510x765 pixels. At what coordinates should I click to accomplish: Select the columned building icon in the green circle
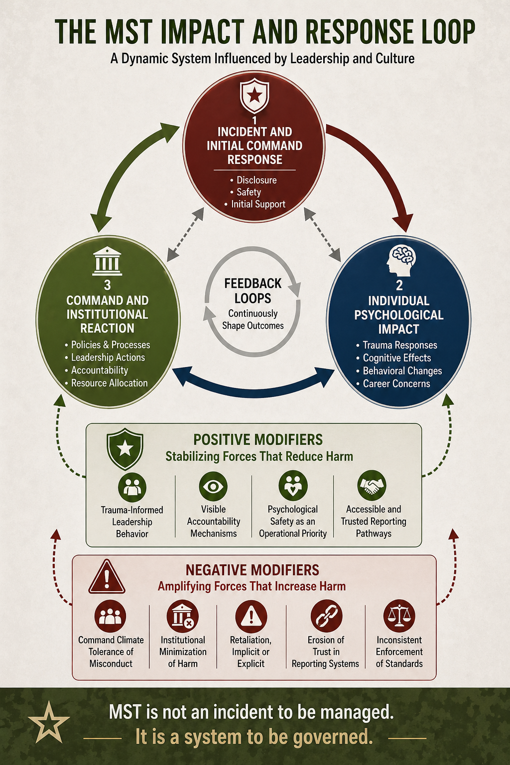pos(107,261)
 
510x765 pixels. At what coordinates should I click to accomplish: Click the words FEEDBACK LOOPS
pos(253,291)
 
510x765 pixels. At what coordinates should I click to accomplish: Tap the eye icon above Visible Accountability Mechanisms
pos(213,486)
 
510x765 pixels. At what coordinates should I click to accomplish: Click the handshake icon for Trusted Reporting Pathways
pos(372,486)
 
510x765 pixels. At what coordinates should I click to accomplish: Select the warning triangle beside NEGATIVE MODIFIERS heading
pos(107,577)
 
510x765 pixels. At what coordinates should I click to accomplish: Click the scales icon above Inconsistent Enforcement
pos(399,616)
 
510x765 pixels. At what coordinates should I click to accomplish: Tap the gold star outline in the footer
pos(49,723)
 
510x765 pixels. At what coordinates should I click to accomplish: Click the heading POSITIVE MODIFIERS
pos(258,440)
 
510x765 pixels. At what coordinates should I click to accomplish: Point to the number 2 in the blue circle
pos(399,285)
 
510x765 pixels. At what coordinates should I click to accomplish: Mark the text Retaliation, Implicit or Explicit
pos(251,651)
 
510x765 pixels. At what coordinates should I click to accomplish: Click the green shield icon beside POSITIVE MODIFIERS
pos(125,449)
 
